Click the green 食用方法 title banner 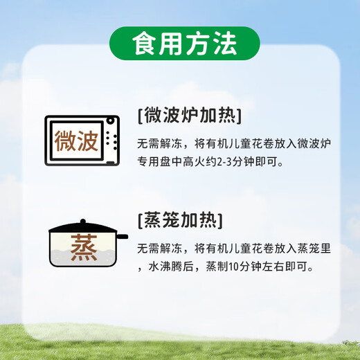(185, 44)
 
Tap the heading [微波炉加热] (190, 116)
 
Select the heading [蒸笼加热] (180, 220)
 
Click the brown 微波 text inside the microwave (76, 141)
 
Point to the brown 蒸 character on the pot (84, 247)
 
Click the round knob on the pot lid (83, 222)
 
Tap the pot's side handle (122, 237)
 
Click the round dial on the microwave (111, 120)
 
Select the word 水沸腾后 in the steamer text (171, 267)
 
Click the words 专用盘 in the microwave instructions (154, 161)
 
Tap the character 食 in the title (145, 44)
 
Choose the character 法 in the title (224, 44)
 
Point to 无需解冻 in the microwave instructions (160, 143)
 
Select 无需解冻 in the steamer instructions (160, 249)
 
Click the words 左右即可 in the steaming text (285, 267)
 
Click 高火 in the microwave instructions (194, 161)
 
